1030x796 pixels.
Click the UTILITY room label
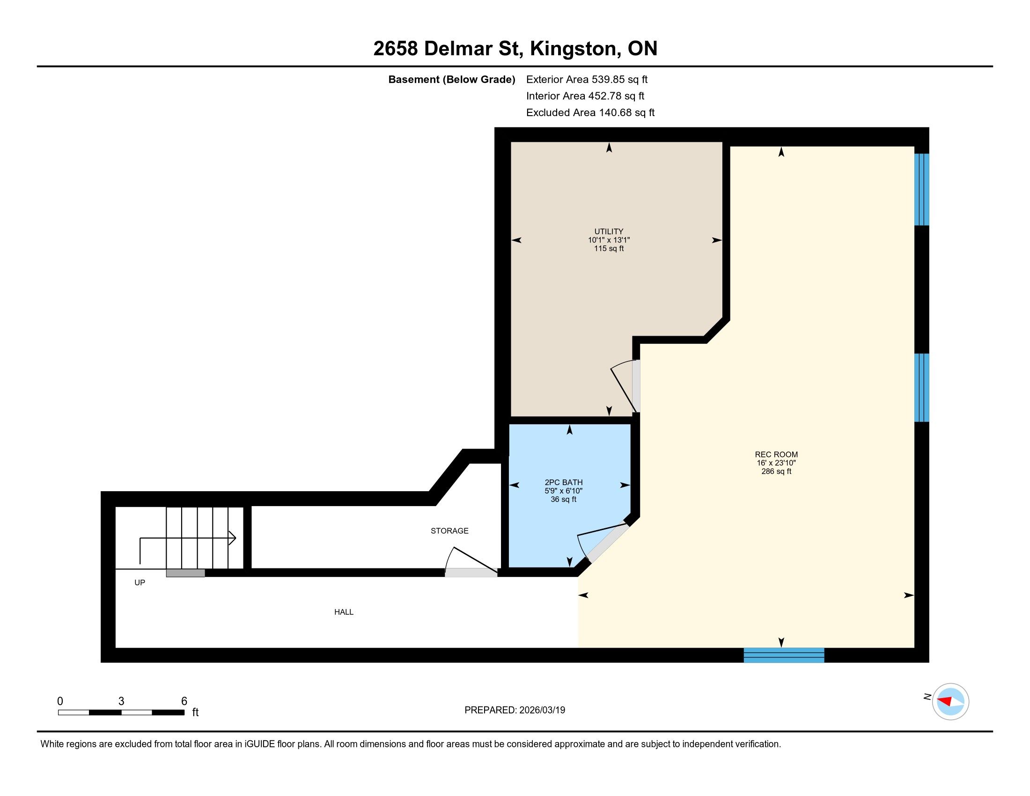click(608, 231)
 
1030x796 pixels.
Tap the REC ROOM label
click(776, 455)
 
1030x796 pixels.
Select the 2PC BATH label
click(564, 482)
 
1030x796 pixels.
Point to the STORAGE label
click(449, 531)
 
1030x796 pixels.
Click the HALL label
click(344, 612)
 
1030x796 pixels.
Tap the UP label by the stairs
click(140, 583)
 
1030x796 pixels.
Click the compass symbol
click(950, 701)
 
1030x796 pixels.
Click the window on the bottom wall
click(784, 655)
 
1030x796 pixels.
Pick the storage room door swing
click(471, 561)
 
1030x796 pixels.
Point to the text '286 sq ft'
click(776, 471)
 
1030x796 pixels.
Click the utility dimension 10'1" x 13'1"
click(609, 240)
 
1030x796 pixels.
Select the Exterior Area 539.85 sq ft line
click(587, 79)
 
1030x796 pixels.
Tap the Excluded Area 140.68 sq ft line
click(590, 112)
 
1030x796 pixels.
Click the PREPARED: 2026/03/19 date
click(515, 710)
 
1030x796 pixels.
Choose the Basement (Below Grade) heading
click(451, 79)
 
